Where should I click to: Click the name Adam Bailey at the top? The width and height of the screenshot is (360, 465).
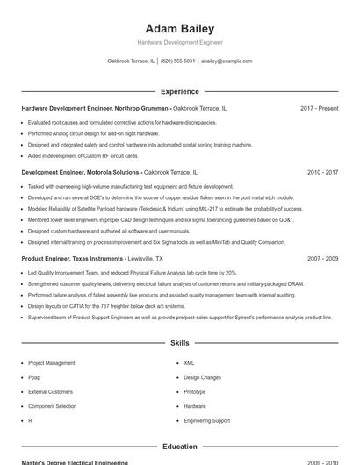point(179,29)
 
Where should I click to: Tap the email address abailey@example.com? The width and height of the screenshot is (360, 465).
point(227,61)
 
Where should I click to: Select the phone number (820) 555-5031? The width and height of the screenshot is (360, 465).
point(177,61)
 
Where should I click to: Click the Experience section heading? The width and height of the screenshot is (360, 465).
point(179,91)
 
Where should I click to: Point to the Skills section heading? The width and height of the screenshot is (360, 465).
point(179,343)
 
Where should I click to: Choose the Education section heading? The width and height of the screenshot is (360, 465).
point(179,447)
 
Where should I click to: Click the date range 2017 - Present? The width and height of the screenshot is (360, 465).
point(319,109)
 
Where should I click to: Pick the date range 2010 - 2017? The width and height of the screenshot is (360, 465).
point(322,173)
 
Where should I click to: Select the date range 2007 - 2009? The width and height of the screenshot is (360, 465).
point(322,260)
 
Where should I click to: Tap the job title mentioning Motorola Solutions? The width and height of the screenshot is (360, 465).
point(80,173)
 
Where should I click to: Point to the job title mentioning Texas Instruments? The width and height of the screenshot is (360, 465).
point(71,260)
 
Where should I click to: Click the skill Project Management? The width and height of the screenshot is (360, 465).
point(51,362)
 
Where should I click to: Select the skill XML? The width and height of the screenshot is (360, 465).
point(189,362)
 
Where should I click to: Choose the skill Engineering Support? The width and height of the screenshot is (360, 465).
point(206,420)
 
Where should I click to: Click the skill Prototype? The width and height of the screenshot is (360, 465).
point(194,391)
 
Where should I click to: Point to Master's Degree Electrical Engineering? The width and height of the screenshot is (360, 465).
point(75,462)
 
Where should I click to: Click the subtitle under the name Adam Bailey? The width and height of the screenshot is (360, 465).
point(179,42)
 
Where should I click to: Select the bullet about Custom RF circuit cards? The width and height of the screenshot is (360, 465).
point(83,155)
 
